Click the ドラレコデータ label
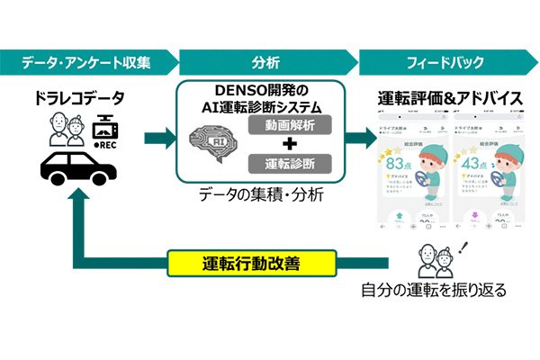79,96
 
